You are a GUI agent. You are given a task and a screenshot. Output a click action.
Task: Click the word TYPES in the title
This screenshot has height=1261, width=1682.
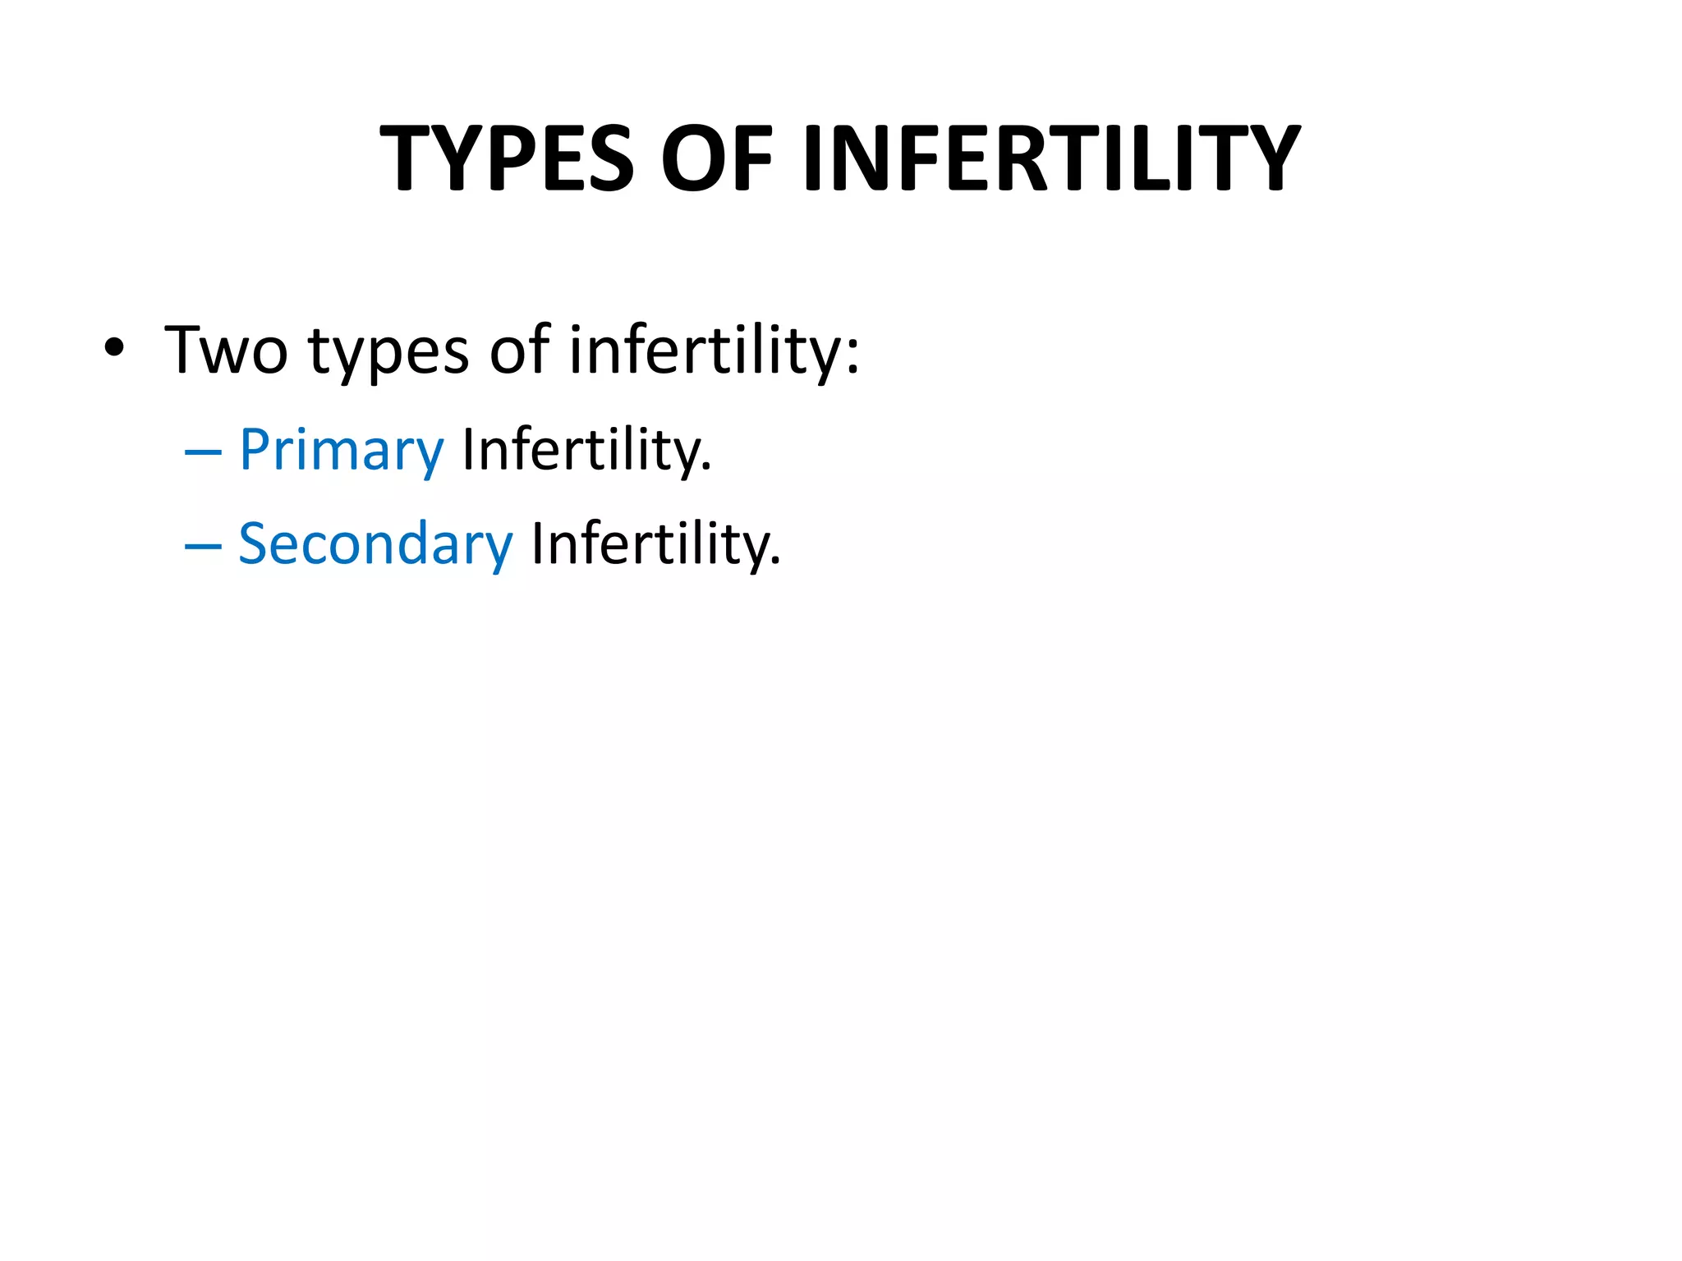507,158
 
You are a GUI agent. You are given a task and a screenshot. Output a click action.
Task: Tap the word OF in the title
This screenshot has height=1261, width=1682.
717,158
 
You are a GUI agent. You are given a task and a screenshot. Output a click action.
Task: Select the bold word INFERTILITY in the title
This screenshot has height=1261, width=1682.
1052,158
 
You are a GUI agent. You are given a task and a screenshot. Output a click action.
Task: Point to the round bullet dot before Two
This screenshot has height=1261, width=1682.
114,348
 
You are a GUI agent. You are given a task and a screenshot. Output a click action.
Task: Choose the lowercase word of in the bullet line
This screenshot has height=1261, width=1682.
519,349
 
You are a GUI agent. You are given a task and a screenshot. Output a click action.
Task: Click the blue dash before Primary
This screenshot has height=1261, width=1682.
203,452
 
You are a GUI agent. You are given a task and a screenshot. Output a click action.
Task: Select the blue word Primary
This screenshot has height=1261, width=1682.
341,451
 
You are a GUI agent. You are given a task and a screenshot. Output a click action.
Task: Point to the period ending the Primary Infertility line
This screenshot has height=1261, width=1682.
707,469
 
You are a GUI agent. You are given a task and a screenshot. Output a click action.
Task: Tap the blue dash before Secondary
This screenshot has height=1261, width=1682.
203,545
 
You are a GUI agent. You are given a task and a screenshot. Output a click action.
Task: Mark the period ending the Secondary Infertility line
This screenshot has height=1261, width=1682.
776,562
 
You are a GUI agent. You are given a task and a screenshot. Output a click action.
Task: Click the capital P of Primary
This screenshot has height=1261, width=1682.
254,449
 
